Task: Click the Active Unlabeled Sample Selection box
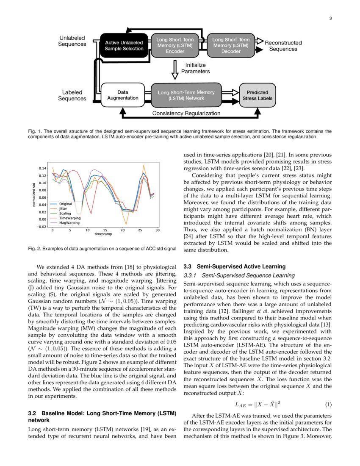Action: tap(124, 45)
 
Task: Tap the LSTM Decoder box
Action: tap(231, 45)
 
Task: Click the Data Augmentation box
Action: tap(123, 95)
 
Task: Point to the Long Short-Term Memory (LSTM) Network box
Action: tap(186, 95)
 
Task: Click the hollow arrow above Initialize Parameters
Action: tap(175, 69)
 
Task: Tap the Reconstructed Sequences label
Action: tap(283, 46)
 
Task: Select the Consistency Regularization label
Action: tap(186, 114)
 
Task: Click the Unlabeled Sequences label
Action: tap(72, 41)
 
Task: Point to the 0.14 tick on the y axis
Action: tap(42, 168)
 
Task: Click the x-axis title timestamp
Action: tap(104, 234)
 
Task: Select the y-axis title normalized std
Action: tap(34, 194)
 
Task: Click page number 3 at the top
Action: tap(330, 18)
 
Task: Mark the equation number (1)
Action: tap(328, 404)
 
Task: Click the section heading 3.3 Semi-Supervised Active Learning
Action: tap(234, 266)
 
